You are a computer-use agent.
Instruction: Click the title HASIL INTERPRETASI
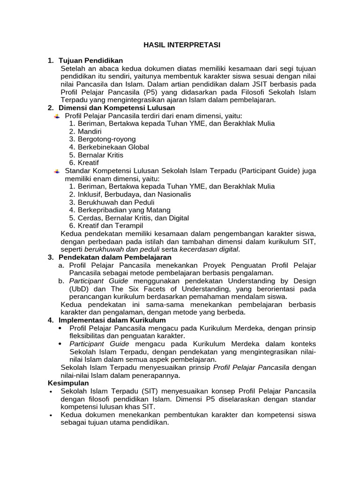pyautogui.click(x=181, y=45)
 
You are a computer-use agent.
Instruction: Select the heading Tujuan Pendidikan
pyautogui.click(x=90, y=60)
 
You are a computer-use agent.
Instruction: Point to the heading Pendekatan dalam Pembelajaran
pyautogui.click(x=115, y=257)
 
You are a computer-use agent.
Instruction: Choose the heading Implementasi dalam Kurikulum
pyautogui.click(x=113, y=320)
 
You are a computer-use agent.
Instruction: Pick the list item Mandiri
pyautogui.click(x=90, y=131)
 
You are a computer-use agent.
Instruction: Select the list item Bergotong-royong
pyautogui.click(x=106, y=139)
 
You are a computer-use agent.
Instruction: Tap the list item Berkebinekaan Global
pyautogui.click(x=113, y=147)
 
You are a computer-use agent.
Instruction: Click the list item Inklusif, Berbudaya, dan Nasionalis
pyautogui.click(x=134, y=194)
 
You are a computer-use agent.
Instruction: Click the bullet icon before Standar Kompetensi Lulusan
pyautogui.click(x=57, y=171)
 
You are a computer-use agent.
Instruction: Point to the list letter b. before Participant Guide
pyautogui.click(x=61, y=281)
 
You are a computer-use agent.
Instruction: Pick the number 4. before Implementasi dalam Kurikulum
pyautogui.click(x=51, y=320)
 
